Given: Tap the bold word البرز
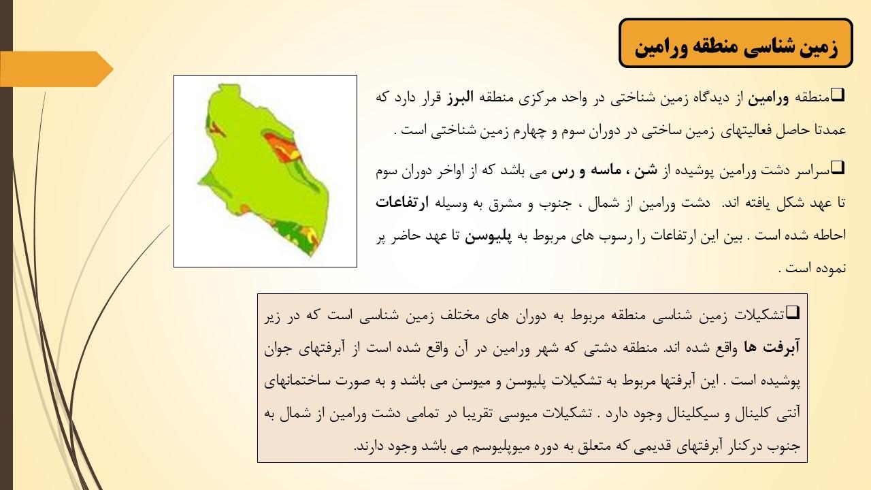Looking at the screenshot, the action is (460, 97).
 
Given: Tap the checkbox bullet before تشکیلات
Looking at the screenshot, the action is (793, 312).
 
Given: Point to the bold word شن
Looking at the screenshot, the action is (646, 170).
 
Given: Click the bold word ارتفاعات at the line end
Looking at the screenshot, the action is (402, 202).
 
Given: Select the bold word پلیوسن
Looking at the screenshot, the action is (488, 235).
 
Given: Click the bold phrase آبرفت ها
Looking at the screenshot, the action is (772, 347).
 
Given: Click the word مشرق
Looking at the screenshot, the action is (505, 203).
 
